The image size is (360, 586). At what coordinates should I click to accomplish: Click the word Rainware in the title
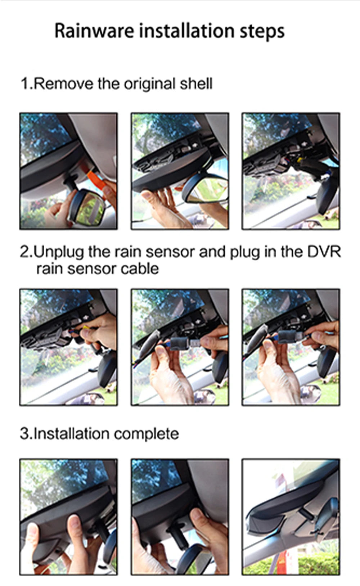tap(94, 31)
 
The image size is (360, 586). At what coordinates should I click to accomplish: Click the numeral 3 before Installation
tap(24, 433)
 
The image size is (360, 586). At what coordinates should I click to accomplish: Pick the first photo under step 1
tap(68, 171)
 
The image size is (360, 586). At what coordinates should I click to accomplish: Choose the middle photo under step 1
tap(180, 171)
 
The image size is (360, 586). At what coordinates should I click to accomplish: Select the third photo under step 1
tap(291, 171)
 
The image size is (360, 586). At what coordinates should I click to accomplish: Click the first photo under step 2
tap(68, 347)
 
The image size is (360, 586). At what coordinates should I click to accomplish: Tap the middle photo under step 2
tap(180, 347)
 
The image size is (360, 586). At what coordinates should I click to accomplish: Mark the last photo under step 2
tap(291, 347)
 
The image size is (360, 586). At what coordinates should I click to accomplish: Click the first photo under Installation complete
tap(68, 517)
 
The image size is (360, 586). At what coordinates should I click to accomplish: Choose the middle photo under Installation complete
tap(180, 517)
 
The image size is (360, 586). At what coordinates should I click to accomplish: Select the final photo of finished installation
tap(291, 517)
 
